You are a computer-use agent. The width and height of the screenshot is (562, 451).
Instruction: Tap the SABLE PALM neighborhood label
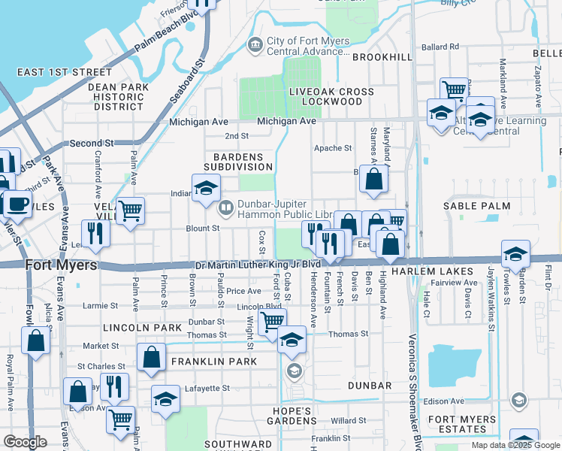pos(476,205)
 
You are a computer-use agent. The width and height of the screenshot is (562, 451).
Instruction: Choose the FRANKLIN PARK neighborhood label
pos(214,362)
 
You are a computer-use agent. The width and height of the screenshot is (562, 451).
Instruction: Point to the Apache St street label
pos(333,148)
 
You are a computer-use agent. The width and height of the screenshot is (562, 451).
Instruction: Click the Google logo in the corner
pos(25,442)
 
